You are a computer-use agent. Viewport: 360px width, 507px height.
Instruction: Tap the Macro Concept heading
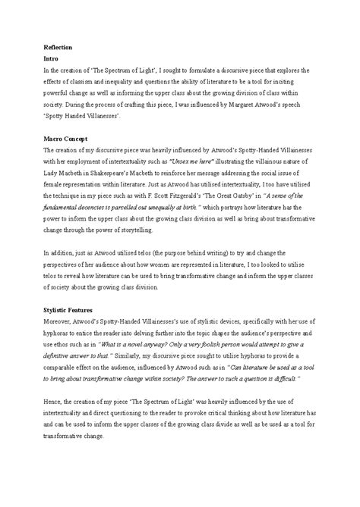click(67, 139)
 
